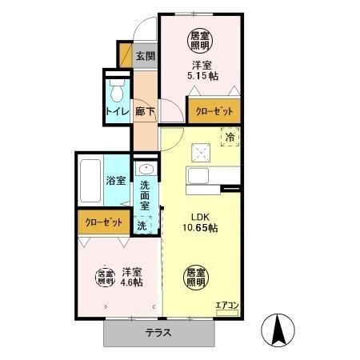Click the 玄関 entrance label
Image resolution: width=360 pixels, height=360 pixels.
[x=145, y=57]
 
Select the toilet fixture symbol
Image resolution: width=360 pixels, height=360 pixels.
[x=116, y=86]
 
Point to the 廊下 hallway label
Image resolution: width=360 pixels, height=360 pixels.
[x=145, y=113]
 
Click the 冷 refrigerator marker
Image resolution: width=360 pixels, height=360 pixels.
[x=230, y=138]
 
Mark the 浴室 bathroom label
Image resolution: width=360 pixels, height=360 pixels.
[x=116, y=180]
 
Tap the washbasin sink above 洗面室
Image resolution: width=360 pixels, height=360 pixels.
[x=146, y=170]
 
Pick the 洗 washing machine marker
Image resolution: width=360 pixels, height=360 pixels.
[x=142, y=226]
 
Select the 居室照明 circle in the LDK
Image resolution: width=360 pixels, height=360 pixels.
[x=195, y=276]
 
